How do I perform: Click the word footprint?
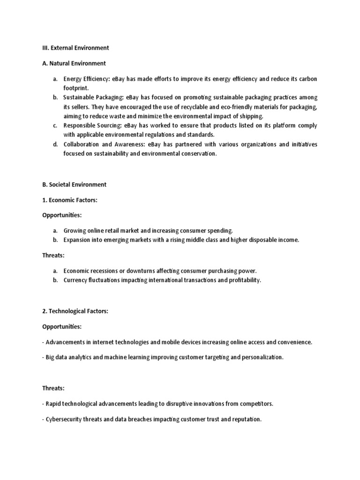tap(75, 88)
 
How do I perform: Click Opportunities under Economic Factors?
tap(62, 216)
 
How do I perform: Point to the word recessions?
tap(104, 271)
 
